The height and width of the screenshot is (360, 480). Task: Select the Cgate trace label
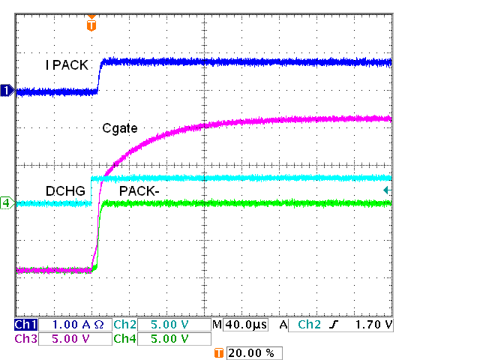[x=120, y=128]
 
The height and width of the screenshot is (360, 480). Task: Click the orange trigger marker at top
[x=91, y=24]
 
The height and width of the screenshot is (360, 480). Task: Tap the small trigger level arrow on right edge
[x=386, y=190]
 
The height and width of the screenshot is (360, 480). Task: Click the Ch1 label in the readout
[x=25, y=325]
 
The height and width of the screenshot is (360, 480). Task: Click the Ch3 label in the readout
[x=25, y=338]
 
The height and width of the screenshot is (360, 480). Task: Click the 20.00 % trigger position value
[x=253, y=352]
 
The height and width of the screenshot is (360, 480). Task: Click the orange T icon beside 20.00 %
[x=219, y=352]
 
